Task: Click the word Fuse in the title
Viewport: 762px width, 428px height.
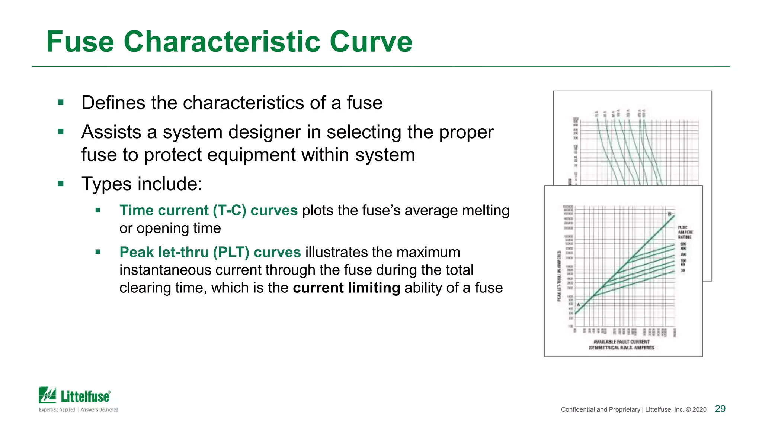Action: coord(80,42)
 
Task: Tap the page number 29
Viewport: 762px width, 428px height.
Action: coord(720,409)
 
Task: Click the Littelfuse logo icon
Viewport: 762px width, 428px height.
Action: coord(48,395)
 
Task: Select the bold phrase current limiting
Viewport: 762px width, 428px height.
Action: coord(346,288)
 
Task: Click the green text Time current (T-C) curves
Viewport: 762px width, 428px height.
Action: coord(208,211)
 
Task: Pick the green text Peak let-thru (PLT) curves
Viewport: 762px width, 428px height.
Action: coord(210,252)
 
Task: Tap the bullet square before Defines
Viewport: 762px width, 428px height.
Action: coord(61,102)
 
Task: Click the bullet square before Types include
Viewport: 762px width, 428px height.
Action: coord(61,183)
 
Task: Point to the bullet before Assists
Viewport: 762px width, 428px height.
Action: coord(61,131)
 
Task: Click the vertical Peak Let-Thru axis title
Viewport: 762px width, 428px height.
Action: coord(559,276)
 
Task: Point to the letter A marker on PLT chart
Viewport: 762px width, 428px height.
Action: coord(579,305)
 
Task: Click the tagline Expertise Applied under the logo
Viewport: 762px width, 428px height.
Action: coord(57,409)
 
